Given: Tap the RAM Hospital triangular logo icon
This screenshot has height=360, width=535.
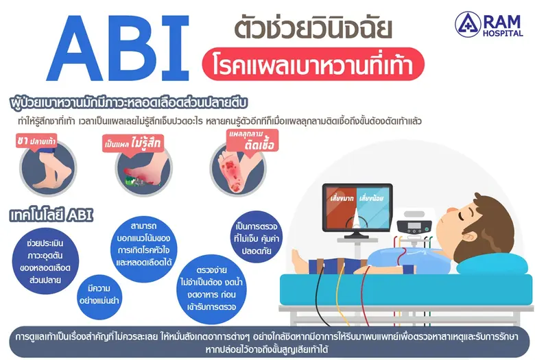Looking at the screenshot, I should [468, 24].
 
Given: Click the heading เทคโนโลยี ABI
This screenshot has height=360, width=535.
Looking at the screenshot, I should [51, 215].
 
